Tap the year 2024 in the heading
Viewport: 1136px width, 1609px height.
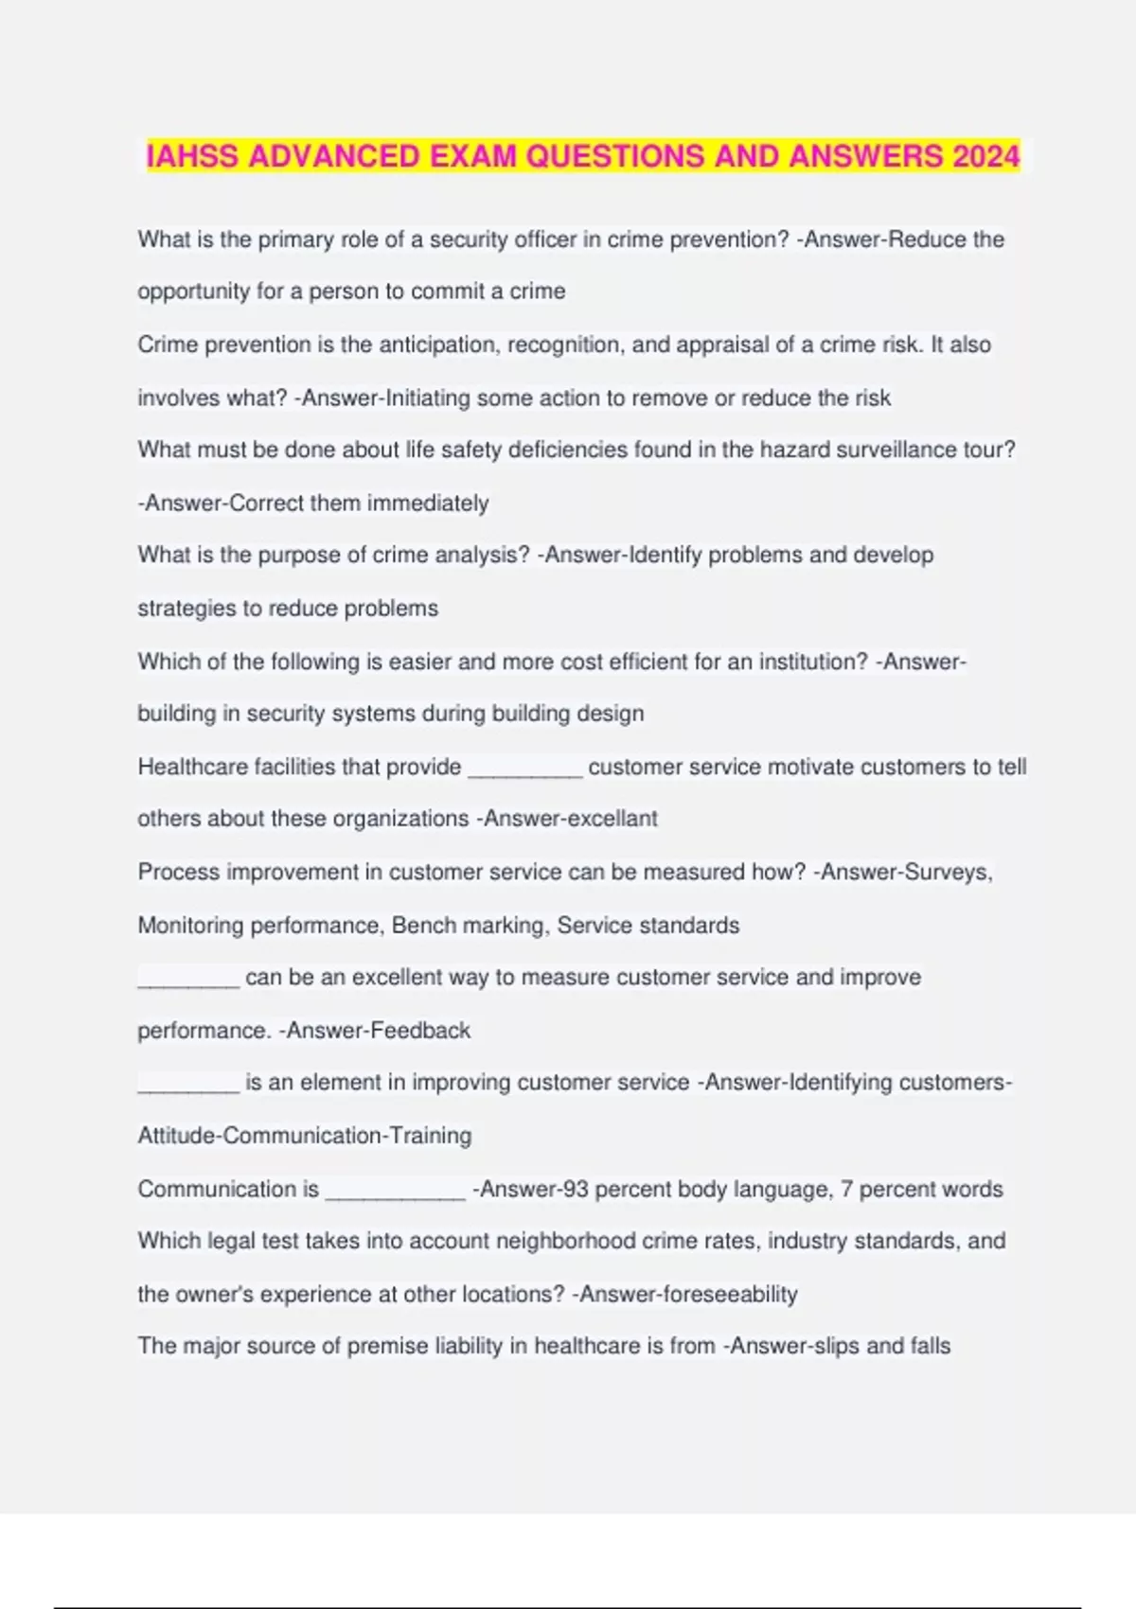pos(985,156)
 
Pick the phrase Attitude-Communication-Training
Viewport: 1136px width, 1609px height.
pos(305,1136)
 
